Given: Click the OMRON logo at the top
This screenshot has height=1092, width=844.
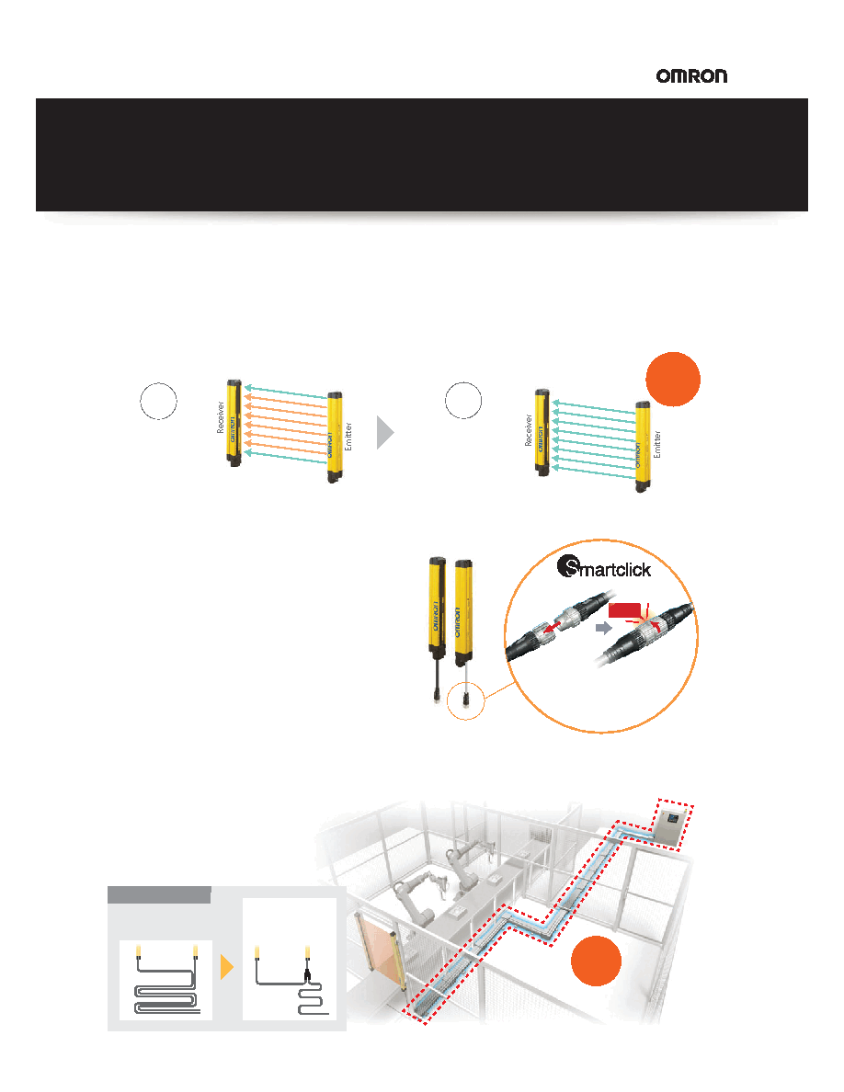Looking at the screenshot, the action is pos(691,76).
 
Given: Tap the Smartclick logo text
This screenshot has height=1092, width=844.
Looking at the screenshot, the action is pos(604,568).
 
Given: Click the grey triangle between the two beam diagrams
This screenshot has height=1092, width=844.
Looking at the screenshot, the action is pos(385,433).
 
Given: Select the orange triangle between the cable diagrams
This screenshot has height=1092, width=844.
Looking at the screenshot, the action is pos(226,967).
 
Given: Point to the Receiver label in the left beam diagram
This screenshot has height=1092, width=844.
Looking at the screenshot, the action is pos(220,417).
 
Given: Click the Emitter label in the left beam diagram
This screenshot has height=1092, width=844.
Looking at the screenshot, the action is pos(348,437).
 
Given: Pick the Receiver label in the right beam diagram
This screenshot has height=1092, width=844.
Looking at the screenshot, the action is pos(529,430).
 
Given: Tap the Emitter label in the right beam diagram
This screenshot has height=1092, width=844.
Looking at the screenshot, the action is pos(656,444).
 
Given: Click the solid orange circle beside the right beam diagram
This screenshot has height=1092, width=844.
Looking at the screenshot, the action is pos(673,380).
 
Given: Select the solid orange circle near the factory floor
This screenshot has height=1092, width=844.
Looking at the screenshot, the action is pos(596,961).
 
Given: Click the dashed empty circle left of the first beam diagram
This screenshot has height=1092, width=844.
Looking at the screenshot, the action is pos(159,401).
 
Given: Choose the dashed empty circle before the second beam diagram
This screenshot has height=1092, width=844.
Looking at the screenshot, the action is pos(463,401).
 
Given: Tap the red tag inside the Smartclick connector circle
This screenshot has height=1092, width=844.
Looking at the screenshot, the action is pos(624,610).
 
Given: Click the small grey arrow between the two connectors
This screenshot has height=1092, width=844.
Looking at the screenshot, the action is pos(604,628).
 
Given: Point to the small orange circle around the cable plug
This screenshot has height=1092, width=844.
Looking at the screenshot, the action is pos(465,700).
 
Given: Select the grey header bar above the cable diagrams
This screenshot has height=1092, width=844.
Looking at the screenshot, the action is pos(159,895).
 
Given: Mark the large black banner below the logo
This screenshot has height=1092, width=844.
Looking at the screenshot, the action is pos(422,154).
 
